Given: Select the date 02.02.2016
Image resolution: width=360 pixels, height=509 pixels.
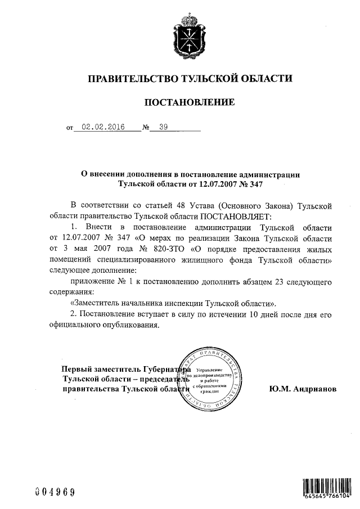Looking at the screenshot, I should [103, 127].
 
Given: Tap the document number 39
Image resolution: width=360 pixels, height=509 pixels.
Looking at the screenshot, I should [163, 127].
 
